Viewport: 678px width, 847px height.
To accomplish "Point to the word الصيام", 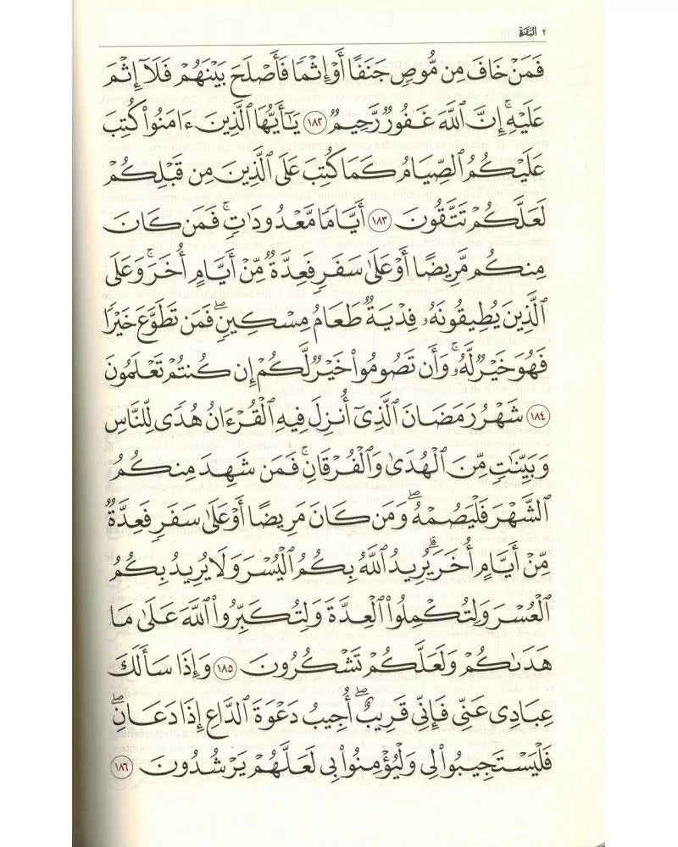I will [x=447, y=174].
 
